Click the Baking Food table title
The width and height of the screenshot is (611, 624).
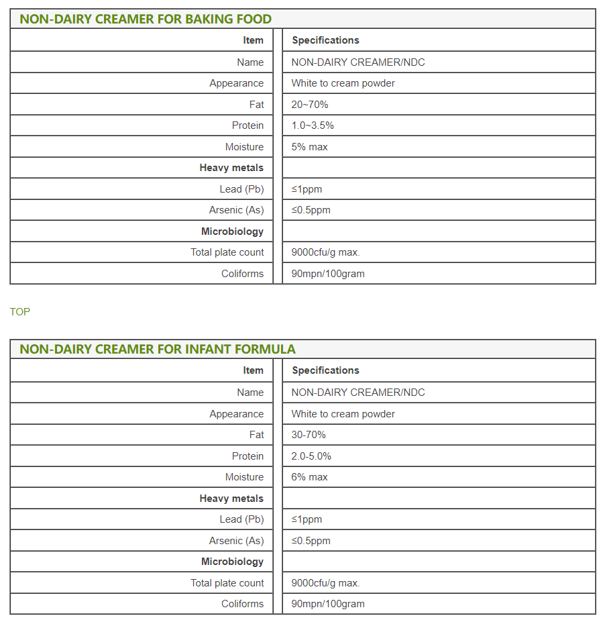click(x=146, y=19)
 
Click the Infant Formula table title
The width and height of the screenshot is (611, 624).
click(x=158, y=349)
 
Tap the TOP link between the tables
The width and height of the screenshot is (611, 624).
click(x=20, y=312)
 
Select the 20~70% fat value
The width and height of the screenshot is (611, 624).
click(x=310, y=105)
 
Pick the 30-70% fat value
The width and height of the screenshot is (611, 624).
click(x=309, y=435)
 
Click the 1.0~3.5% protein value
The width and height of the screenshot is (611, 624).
click(x=313, y=125)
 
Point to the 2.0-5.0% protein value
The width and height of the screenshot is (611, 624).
click(x=311, y=456)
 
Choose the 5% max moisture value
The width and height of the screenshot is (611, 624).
click(x=309, y=147)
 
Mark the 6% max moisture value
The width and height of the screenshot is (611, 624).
click(x=309, y=477)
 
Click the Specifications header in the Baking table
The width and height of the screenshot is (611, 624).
click(x=325, y=40)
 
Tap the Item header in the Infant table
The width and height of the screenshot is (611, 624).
click(x=254, y=370)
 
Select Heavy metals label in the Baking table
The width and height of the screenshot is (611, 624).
click(x=231, y=168)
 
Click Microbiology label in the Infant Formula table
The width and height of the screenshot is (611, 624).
click(x=232, y=562)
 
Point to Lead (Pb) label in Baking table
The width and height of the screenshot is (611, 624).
click(x=241, y=189)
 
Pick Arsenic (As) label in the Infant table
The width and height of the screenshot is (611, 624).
click(x=236, y=541)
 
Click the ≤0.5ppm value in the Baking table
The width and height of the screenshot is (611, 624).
click(x=311, y=210)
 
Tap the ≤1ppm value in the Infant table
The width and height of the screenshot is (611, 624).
click(x=307, y=519)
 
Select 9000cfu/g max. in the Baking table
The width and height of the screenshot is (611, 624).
click(x=325, y=252)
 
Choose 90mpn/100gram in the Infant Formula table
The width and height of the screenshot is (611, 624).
click(x=328, y=604)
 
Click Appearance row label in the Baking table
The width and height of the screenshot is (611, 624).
click(x=236, y=83)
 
